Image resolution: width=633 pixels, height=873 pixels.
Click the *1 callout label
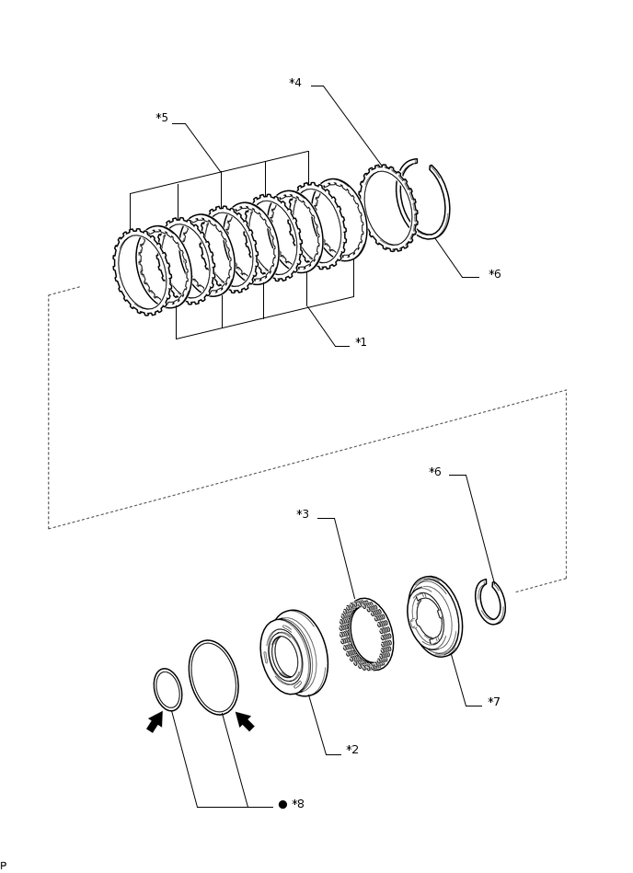(x=361, y=342)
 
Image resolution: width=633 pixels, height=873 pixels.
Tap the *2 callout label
(x=351, y=750)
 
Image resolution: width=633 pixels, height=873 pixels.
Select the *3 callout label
(x=303, y=514)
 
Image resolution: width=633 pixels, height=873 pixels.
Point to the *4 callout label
(x=295, y=83)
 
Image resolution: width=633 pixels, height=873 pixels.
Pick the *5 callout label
(x=162, y=118)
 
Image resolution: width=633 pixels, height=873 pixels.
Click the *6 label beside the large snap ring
(x=494, y=274)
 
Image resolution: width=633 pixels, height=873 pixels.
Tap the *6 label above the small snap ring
(x=434, y=472)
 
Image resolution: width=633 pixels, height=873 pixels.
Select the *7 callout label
(x=493, y=702)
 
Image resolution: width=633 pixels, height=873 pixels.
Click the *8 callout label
(x=297, y=804)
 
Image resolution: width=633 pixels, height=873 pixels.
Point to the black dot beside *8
(x=282, y=804)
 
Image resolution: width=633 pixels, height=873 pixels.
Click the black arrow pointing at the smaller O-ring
(x=155, y=722)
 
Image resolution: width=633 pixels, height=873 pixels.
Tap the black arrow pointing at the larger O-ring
(x=245, y=721)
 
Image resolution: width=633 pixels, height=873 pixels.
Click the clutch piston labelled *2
(x=294, y=653)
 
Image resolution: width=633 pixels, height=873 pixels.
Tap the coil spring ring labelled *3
(x=366, y=634)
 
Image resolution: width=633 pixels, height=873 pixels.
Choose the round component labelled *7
(x=434, y=616)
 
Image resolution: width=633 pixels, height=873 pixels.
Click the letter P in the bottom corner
(x=4, y=866)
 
